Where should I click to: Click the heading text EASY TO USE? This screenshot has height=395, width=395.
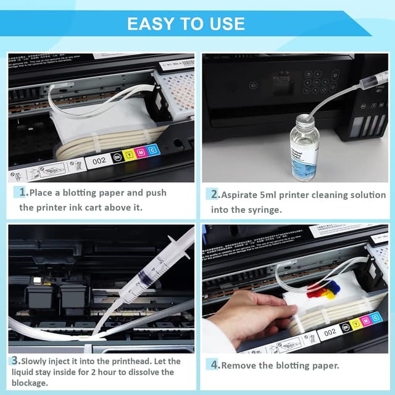tap(186, 23)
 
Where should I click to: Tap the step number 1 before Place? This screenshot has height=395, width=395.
tap(23, 193)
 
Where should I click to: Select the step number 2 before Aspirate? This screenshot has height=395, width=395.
tap(215, 195)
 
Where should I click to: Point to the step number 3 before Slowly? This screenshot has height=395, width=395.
tap(14, 360)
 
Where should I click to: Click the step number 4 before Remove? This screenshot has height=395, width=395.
tap(215, 365)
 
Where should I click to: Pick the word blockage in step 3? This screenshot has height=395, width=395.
tap(30, 383)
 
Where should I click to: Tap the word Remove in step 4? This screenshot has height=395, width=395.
tap(241, 365)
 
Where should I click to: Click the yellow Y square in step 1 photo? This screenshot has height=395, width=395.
tap(128, 154)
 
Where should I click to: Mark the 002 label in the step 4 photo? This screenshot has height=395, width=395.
tap(330, 331)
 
